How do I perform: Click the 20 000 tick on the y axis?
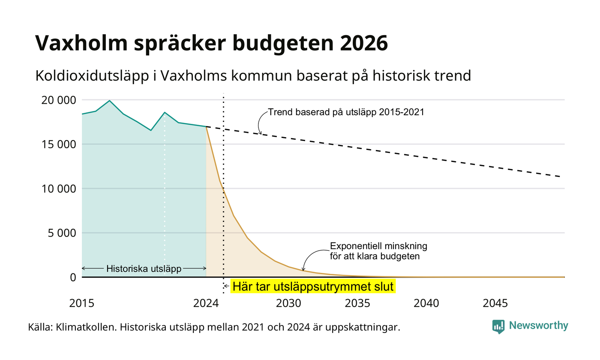tap(59, 100)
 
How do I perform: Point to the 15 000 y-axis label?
tap(59, 144)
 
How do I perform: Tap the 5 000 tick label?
tap(62, 233)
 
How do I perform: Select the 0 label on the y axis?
tap(73, 278)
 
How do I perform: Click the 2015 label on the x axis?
tap(82, 303)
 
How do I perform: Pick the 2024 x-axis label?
tap(206, 303)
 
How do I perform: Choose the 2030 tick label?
tap(289, 303)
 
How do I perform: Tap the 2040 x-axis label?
tap(426, 303)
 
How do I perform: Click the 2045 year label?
tap(495, 303)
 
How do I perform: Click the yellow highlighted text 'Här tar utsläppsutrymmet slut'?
tap(313, 286)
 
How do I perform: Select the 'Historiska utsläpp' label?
tap(144, 268)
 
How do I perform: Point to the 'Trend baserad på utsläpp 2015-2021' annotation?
tap(346, 112)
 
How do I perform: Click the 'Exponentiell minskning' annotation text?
tap(378, 246)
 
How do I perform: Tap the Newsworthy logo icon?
tap(498, 327)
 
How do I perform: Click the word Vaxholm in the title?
tap(81, 43)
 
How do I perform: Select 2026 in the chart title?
tap(364, 43)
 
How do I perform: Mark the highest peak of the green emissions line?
tap(109, 101)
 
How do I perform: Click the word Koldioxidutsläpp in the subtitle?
tap(92, 76)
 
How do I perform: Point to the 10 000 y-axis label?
tap(59, 189)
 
